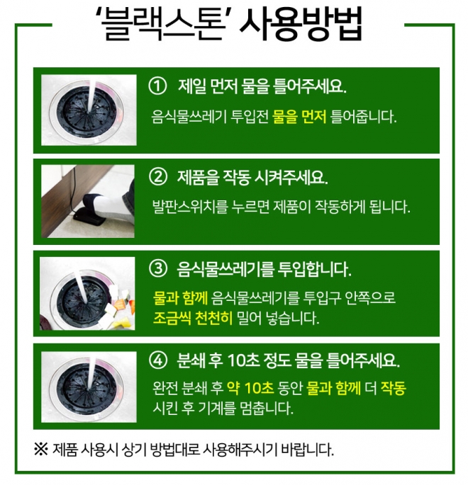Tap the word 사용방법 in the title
point(301,24)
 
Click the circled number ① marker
point(157,86)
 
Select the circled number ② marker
point(158,177)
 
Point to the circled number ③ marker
point(158,268)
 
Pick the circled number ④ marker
point(158,360)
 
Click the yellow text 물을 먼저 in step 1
point(299,117)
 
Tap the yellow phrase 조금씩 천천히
point(192,318)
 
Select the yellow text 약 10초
point(250,388)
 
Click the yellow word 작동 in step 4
point(393,388)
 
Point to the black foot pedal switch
point(87,215)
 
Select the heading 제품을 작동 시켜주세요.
point(252,178)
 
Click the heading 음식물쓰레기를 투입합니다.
point(264,269)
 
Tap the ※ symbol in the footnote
point(41,449)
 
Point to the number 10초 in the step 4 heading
point(243,360)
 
